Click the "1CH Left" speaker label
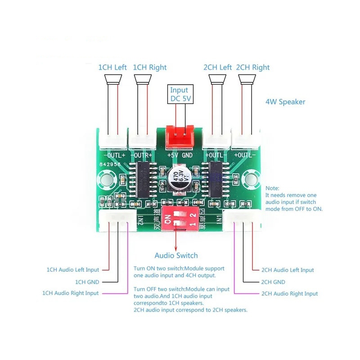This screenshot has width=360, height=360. pos(112,67)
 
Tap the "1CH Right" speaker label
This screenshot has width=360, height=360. pos(150,67)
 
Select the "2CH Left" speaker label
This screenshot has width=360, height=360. pos(217,67)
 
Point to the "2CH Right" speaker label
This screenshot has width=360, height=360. pos(253,67)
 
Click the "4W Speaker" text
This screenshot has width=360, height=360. pos(285,102)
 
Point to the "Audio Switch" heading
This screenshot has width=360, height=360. pos(176,255)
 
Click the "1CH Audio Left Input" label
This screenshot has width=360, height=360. pos(73,270)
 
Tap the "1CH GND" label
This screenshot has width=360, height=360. pos(87,282)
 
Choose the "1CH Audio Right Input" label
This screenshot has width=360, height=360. pos(70,293)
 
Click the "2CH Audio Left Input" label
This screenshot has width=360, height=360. pos(288,270)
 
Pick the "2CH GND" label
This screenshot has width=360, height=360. pos(273,282)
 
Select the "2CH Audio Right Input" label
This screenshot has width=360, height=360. pos(289,293)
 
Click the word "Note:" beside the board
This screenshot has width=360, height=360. pos(272,188)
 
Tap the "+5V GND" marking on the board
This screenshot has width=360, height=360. pos(180,155)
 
